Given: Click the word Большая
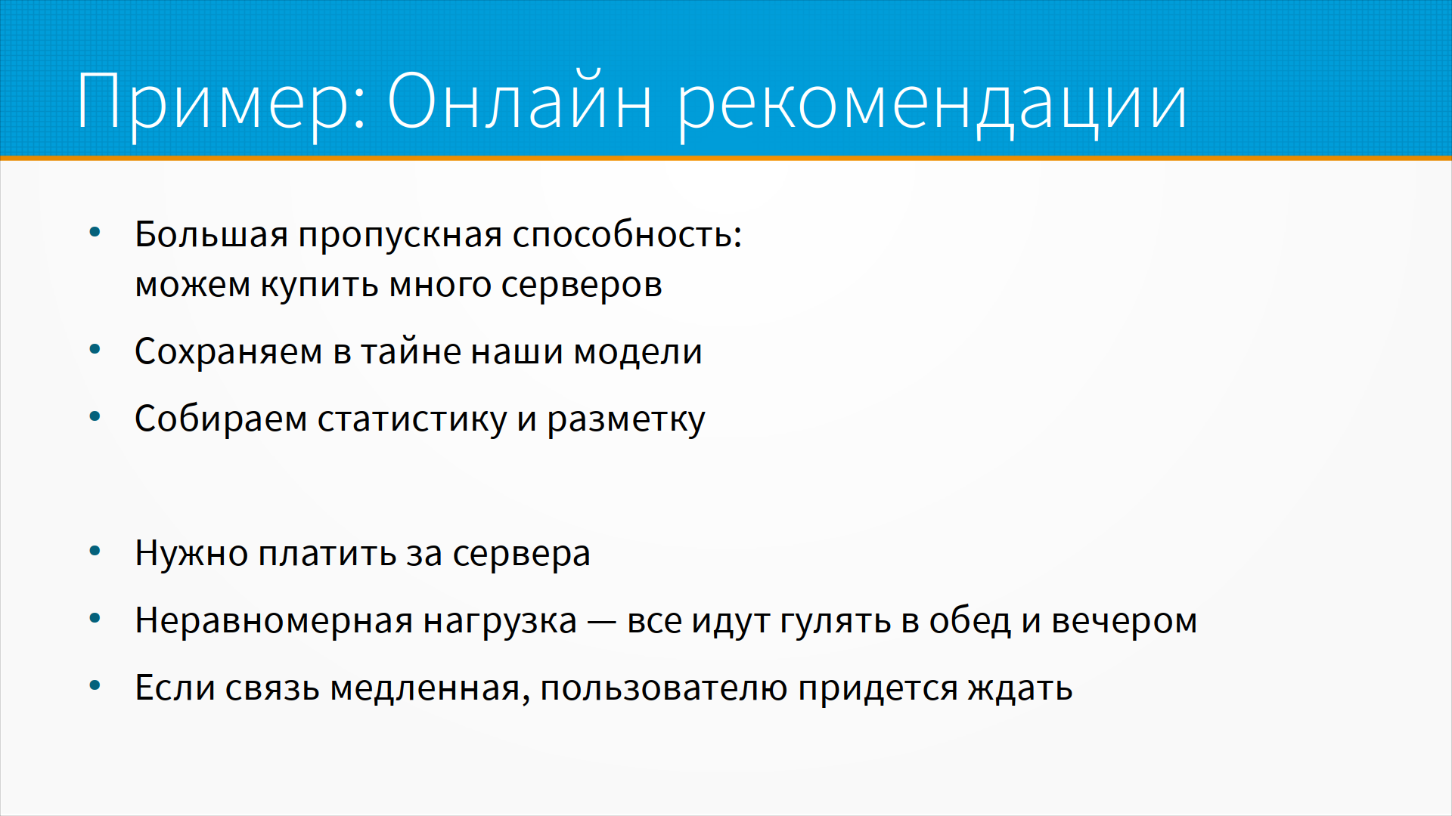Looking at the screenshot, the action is point(211,234).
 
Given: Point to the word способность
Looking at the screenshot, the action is point(627,234).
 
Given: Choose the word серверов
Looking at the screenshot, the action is point(582,286).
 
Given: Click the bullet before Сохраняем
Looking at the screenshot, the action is point(95,350).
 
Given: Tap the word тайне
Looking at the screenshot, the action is point(411,351).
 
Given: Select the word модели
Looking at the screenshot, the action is point(638,351).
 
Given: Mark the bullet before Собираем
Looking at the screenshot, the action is point(95,416).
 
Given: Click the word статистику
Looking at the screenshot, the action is point(412,419).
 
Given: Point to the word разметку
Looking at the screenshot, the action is point(626,419).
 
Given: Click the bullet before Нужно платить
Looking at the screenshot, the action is point(95,551).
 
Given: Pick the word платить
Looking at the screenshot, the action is point(327,554).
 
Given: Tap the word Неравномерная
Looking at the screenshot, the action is point(274,621).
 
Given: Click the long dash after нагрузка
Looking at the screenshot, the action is point(602,623).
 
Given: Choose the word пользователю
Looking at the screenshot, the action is point(664,688).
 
